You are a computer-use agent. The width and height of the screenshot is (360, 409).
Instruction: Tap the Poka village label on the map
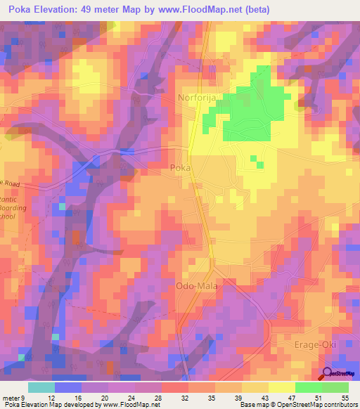pyautogui.click(x=180, y=168)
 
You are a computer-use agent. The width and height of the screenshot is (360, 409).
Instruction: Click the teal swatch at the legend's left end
pyautogui.click(x=41, y=387)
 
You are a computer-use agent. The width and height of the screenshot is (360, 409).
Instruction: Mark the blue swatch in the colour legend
pyautogui.click(x=68, y=387)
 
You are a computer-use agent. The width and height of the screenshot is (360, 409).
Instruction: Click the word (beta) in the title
pyautogui.click(x=271, y=9)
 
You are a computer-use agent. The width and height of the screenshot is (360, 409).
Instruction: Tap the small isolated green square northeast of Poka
pyautogui.click(x=260, y=165)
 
